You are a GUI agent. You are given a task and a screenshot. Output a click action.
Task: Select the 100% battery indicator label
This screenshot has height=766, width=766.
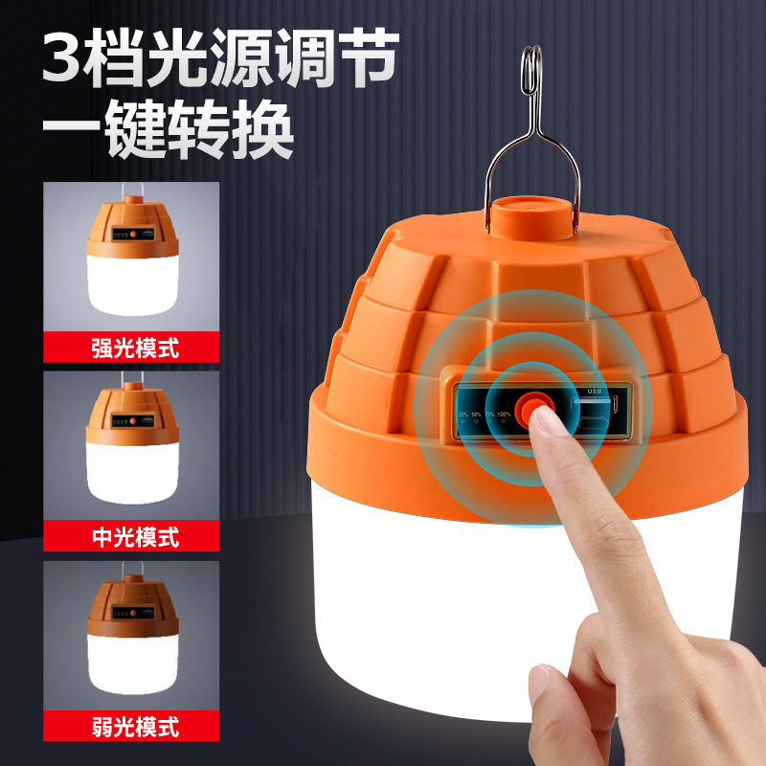click(x=505, y=414)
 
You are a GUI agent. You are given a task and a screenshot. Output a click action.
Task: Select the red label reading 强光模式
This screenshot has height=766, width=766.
click(x=131, y=346)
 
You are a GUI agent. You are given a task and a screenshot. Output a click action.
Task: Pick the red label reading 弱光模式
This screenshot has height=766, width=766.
click(x=131, y=725)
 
